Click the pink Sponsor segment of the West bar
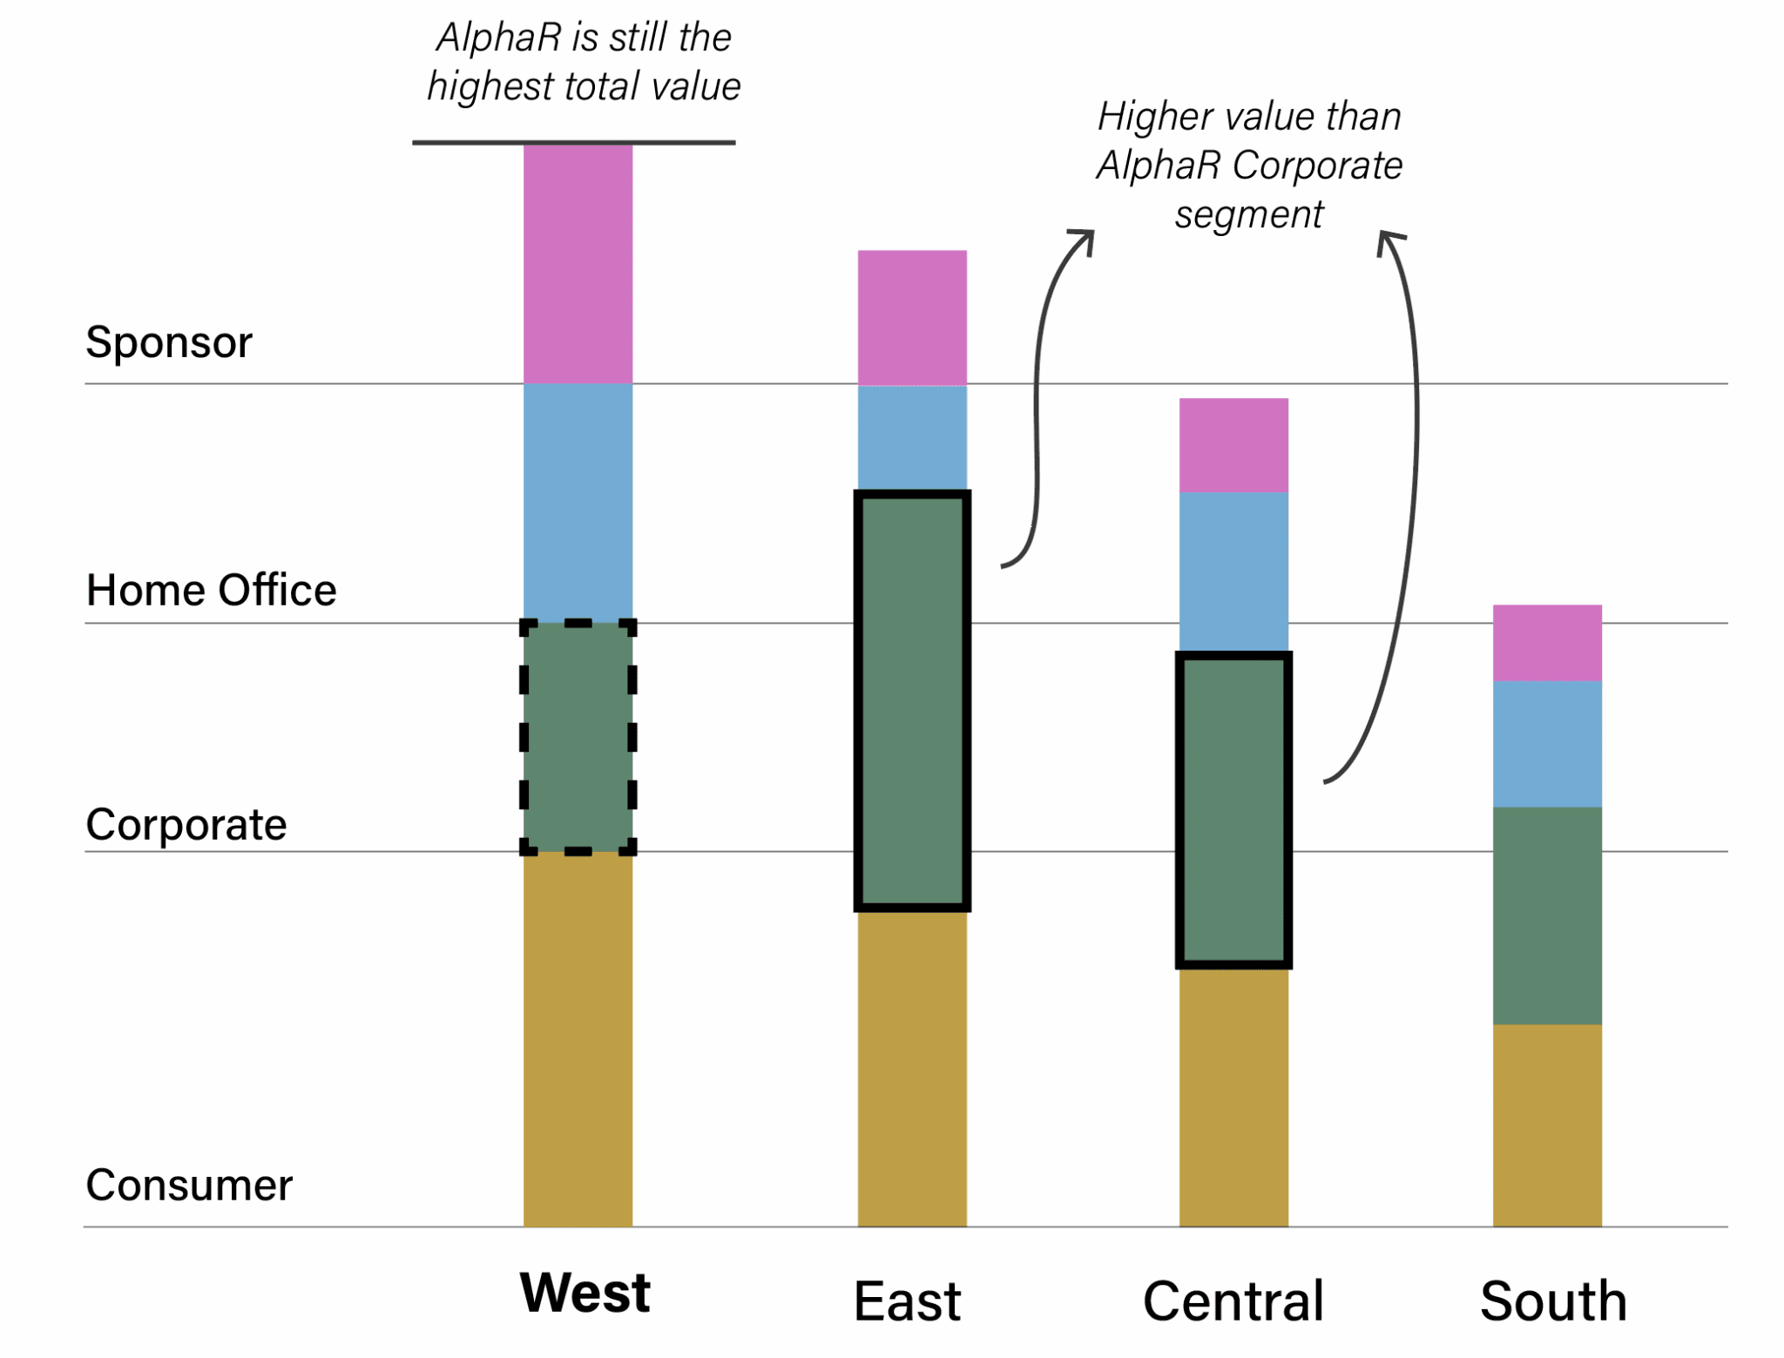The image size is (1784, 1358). [578, 263]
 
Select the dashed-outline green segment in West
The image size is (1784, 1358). [578, 736]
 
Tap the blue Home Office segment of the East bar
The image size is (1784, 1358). [912, 437]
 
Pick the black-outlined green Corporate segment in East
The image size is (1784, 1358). [912, 701]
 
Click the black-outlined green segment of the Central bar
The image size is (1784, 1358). [1233, 810]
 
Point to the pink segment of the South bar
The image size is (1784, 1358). [1547, 643]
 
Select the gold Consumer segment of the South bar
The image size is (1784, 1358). [1547, 1125]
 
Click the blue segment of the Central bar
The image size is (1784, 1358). [1233, 571]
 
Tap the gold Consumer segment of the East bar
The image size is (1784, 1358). [912, 1070]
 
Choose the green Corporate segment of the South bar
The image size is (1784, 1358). [1547, 915]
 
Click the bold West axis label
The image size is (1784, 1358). [585, 1293]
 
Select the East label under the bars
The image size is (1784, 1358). [907, 1301]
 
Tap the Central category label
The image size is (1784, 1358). [1233, 1301]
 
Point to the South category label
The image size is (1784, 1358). [1553, 1301]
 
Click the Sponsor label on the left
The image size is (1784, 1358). [169, 342]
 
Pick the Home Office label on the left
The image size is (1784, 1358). [211, 591]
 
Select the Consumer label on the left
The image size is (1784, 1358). [189, 1186]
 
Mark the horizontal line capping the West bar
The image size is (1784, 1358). [573, 142]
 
